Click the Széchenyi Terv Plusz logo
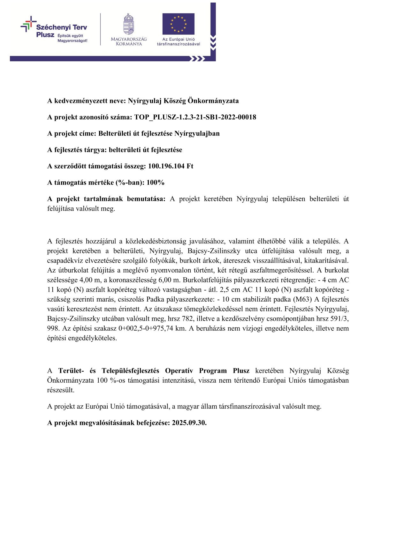pyautogui.click(x=54, y=30)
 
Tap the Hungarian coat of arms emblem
pyautogui.click(x=129, y=24)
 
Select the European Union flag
pyautogui.click(x=178, y=24)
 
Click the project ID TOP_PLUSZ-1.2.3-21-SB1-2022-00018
pyautogui.click(x=195, y=117)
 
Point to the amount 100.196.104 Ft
pyautogui.click(x=171, y=166)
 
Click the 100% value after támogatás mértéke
pyautogui.click(x=155, y=183)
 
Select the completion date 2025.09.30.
pyautogui.click(x=189, y=423)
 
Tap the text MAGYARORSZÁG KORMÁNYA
pyautogui.click(x=129, y=42)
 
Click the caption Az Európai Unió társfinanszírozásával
pyautogui.click(x=178, y=42)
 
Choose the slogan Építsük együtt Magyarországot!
pyautogui.click(x=72, y=38)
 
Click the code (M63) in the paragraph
pyautogui.click(x=302, y=300)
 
